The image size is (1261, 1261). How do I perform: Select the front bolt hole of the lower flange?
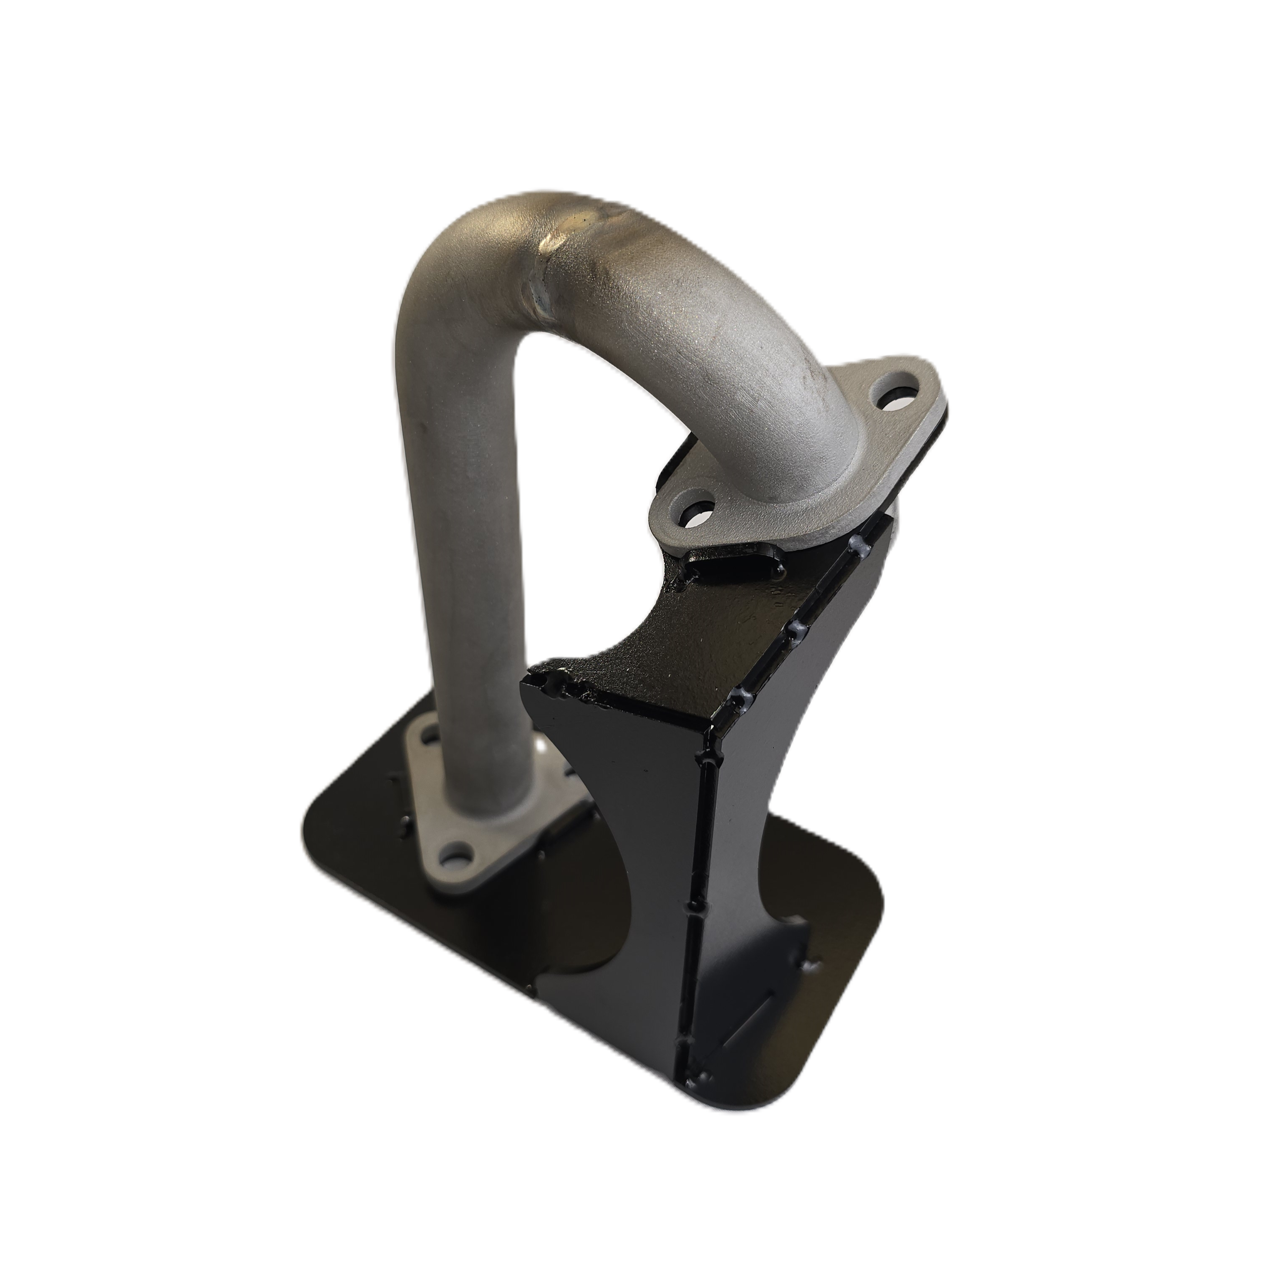coord(457,852)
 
